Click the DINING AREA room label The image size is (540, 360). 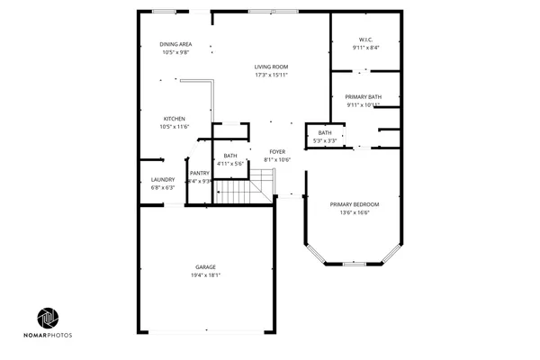pos(175,44)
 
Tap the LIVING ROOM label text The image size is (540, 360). pos(271,67)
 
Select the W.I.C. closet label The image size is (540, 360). pos(364,39)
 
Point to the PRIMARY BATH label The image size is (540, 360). pos(364,96)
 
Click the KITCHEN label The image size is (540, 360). pos(175,119)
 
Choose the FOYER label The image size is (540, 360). pos(278,151)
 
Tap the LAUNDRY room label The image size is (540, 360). pos(163,180)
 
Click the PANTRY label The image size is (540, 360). pos(200,173)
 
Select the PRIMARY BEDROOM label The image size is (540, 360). pos(355,204)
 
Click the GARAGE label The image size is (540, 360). pos(205,267)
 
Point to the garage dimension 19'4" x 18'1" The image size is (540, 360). pos(205,275)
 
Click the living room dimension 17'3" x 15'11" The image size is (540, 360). pos(271,75)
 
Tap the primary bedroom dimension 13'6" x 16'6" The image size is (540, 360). pos(355,212)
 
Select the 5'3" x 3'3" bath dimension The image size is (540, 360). pos(325,141)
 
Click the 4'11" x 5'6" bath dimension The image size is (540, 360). pos(231,164)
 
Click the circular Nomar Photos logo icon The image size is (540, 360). pos(49,319)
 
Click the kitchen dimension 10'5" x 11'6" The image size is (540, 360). pos(175,127)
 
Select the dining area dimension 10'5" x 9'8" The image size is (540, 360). pos(175,52)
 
